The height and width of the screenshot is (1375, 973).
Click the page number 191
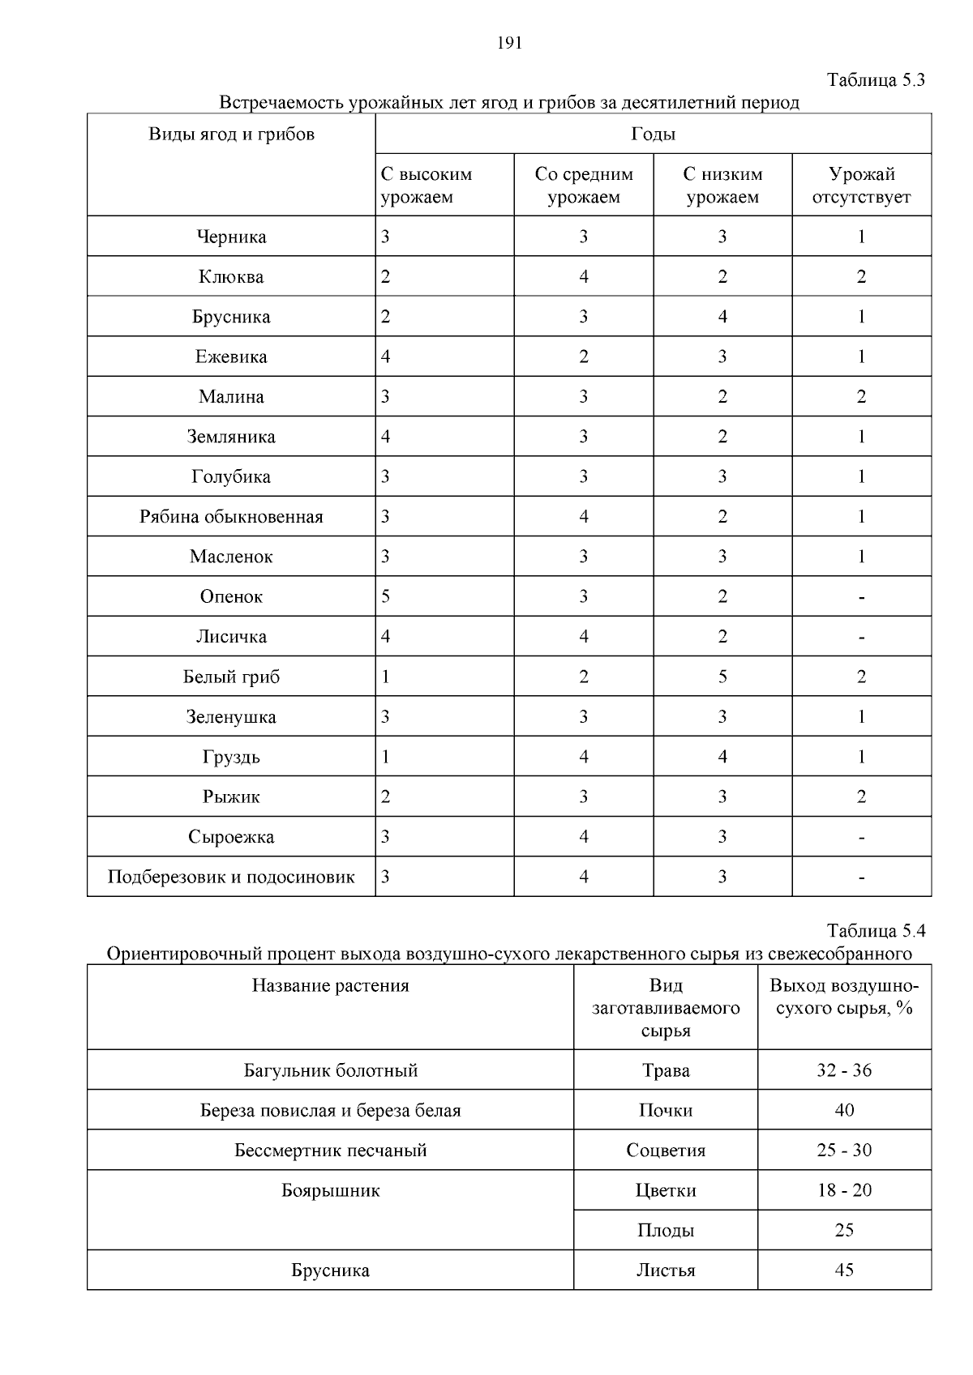pos(508,44)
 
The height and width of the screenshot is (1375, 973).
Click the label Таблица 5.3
pos(875,80)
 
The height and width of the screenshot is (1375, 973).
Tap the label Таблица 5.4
pos(875,930)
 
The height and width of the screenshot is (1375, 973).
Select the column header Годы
pos(653,135)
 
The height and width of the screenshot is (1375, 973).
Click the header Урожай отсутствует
pos(861,186)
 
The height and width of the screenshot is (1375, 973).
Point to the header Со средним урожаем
pos(583,186)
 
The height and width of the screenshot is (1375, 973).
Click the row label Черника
pos(231,237)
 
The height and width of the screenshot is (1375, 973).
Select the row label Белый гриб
pos(231,677)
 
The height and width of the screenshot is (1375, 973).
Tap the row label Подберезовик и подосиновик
pos(231,877)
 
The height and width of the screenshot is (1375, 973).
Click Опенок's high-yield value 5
pos(386,597)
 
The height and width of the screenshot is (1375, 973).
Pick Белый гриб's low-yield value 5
pos(722,677)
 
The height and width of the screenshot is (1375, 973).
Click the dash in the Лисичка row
pos(861,638)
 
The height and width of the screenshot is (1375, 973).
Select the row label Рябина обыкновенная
pos(231,517)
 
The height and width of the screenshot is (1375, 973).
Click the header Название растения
pos(330,986)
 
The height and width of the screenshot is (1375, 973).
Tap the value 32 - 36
pos(844,1070)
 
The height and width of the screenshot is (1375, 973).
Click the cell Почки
pos(666,1111)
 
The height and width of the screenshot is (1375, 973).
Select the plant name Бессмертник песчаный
pos(330,1151)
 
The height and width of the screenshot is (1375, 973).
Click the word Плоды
pos(666,1231)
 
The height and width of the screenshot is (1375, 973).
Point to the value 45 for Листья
pos(844,1270)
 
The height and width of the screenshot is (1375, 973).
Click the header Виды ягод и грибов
pos(231,135)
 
